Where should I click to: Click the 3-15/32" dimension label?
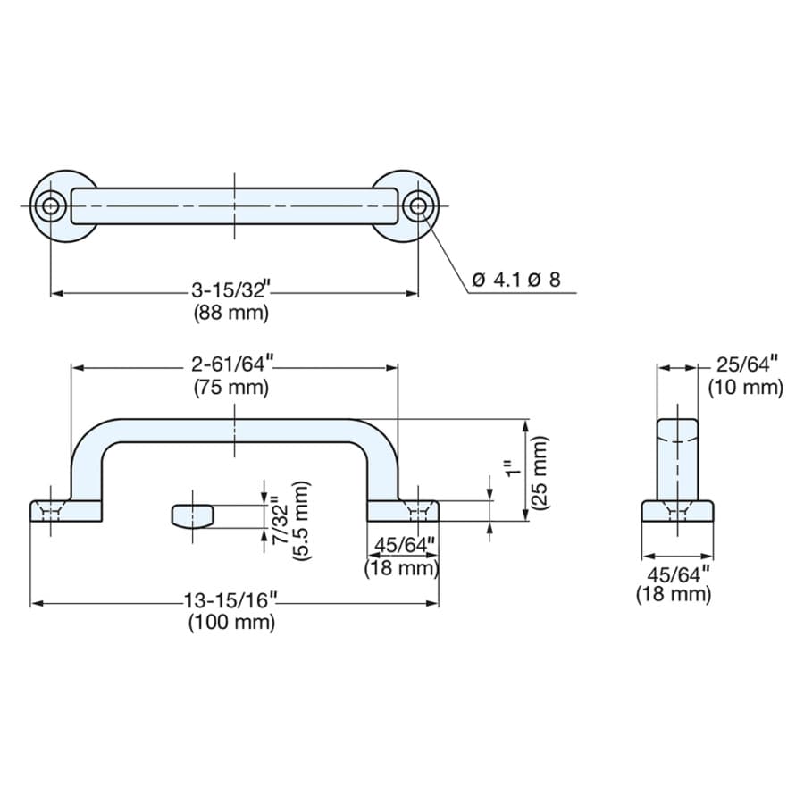pyautogui.click(x=230, y=289)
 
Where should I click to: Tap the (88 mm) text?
pyautogui.click(x=231, y=313)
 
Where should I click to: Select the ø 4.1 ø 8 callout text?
pyautogui.click(x=516, y=280)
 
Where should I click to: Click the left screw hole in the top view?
pyautogui.click(x=50, y=206)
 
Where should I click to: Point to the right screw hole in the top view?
pyautogui.click(x=418, y=206)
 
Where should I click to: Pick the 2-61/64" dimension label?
pyautogui.click(x=230, y=364)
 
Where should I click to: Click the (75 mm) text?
pyautogui.click(x=231, y=388)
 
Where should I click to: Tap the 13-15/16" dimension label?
pyautogui.click(x=230, y=600)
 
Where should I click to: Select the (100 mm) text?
pyautogui.click(x=231, y=623)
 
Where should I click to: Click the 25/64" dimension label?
pyautogui.click(x=747, y=365)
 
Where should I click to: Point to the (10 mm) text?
pyautogui.click(x=746, y=388)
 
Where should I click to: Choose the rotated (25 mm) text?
pyautogui.click(x=540, y=473)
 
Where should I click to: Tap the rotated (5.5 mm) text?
pyautogui.click(x=301, y=521)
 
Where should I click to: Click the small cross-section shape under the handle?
pyautogui.click(x=192, y=516)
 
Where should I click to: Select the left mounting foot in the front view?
pyautogui.click(x=65, y=511)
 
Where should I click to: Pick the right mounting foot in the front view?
pyautogui.click(x=403, y=511)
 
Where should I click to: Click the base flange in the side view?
pyautogui.click(x=677, y=511)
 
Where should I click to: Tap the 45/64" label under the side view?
pyautogui.click(x=678, y=574)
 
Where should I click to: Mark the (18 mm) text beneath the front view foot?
pyautogui.click(x=402, y=568)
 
